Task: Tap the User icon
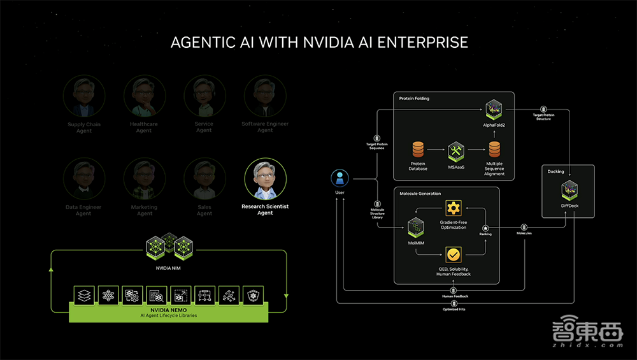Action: point(341,179)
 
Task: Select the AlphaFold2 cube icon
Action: point(494,110)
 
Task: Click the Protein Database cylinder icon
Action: point(418,150)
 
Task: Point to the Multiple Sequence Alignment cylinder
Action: point(494,150)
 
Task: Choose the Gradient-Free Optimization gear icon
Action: point(453,208)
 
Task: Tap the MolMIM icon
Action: point(416,226)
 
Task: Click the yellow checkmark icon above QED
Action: point(453,255)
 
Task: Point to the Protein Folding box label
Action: point(414,99)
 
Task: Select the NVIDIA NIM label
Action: point(169,268)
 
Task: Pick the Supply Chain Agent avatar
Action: point(84,96)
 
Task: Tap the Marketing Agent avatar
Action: point(145,180)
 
